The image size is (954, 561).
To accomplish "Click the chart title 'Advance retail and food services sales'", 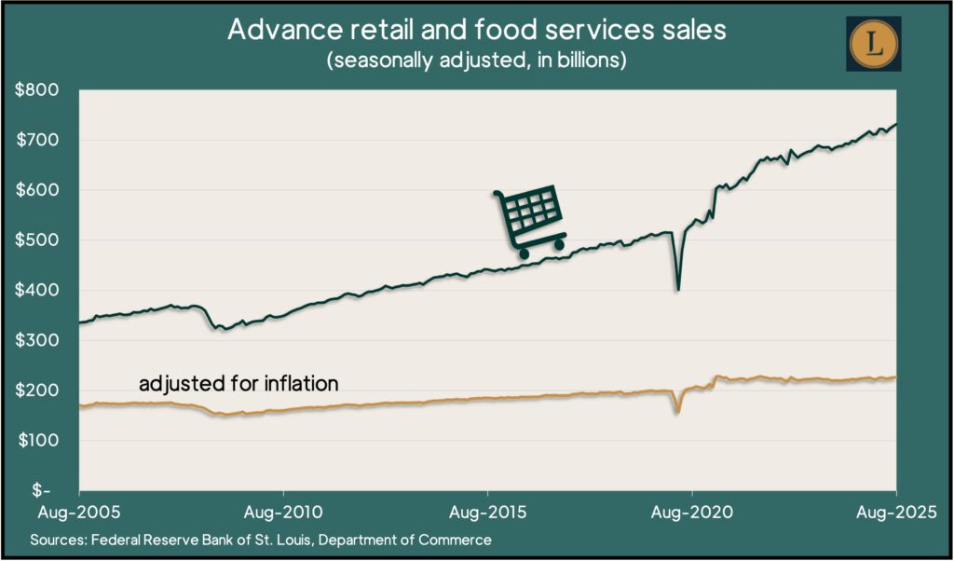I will [476, 30].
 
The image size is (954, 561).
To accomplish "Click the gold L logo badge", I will [873, 43].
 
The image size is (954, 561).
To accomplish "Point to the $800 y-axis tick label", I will [37, 90].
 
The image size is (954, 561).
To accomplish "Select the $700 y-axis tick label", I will [37, 141].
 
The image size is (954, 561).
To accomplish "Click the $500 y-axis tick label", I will [37, 240].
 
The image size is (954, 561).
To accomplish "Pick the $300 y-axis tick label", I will [37, 340].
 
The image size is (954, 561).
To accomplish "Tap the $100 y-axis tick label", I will [37, 440].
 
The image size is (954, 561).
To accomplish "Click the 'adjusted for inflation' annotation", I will [238, 383].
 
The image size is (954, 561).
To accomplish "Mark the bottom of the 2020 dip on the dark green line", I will [678, 289].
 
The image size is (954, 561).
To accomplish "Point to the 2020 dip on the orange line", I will [678, 411].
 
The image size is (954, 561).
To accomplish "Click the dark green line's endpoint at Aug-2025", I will [896, 125].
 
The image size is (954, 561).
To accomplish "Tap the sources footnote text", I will [261, 540].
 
